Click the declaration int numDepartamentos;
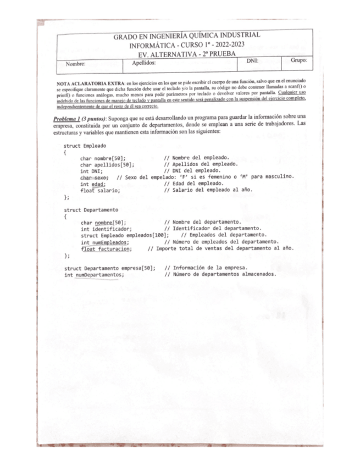click(x=94, y=274)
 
